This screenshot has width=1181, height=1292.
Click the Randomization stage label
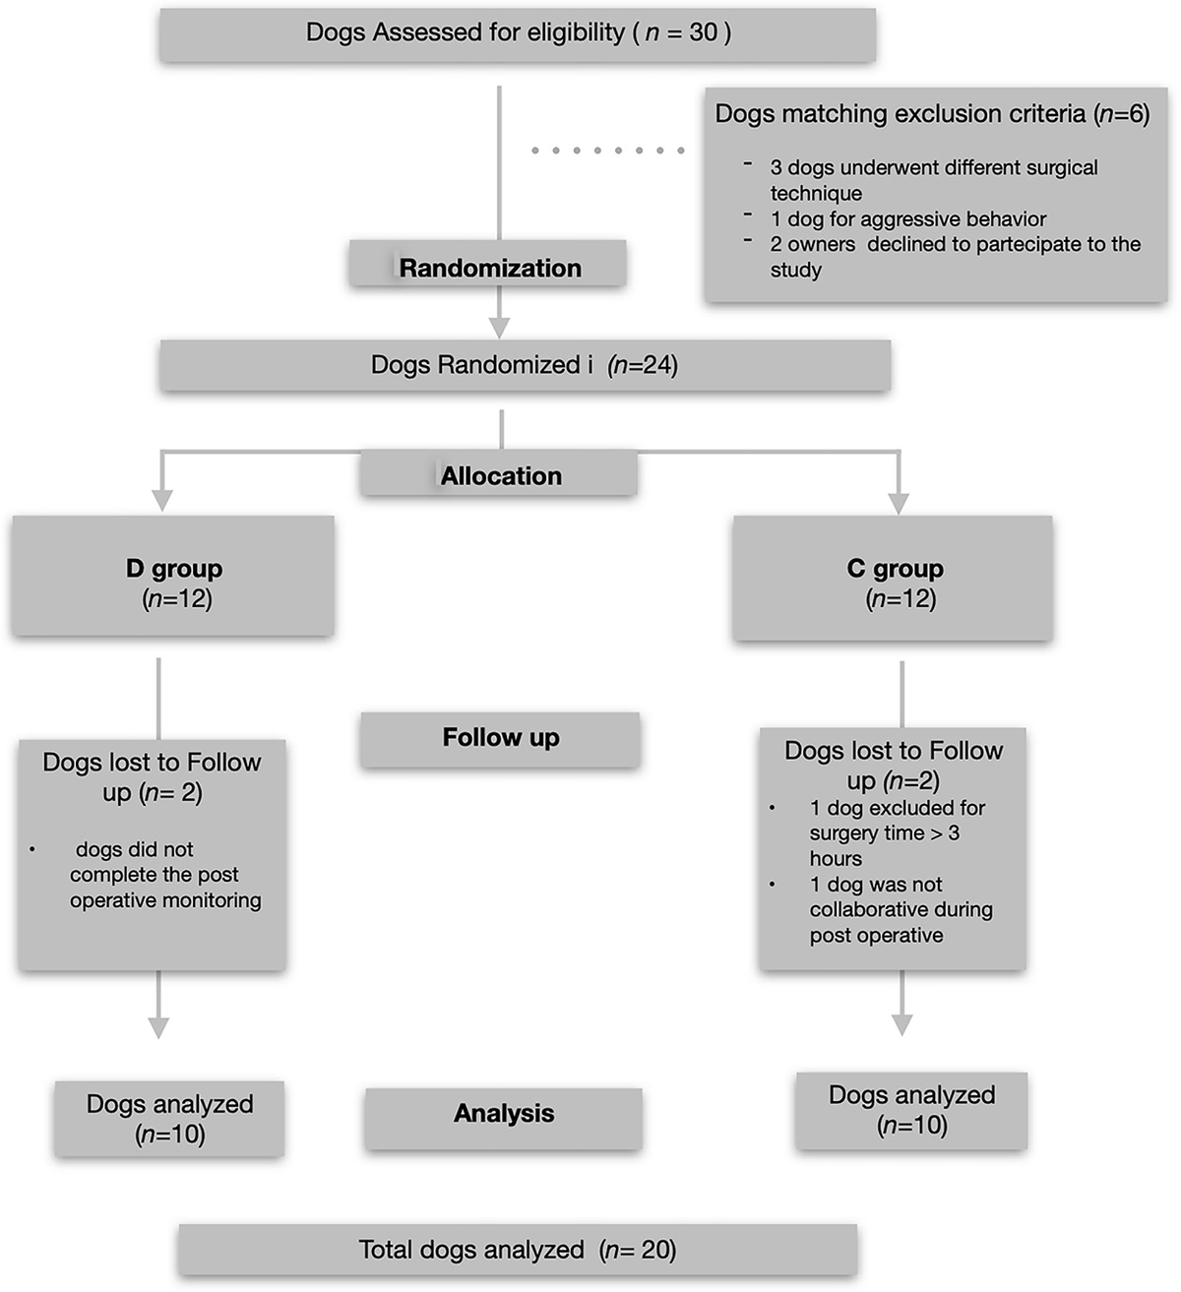tap(489, 268)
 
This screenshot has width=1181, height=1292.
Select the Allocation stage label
tap(500, 476)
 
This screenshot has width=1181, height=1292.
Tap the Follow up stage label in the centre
tap(500, 738)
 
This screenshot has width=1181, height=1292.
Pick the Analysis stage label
tap(503, 1114)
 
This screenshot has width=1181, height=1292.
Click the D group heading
tap(174, 569)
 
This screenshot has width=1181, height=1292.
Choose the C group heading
tap(895, 569)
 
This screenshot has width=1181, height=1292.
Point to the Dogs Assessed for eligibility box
tap(518, 33)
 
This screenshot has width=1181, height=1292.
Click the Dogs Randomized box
tap(524, 366)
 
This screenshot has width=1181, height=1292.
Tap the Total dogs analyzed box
tap(517, 1250)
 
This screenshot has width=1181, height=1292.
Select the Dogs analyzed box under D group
tap(169, 1119)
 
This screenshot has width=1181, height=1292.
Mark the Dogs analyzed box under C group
tap(911, 1110)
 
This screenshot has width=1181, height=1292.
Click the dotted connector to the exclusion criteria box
tap(607, 151)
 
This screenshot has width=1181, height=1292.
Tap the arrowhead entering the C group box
tap(898, 502)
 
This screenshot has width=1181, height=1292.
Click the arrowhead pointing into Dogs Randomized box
tap(500, 327)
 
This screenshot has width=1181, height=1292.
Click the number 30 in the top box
tap(703, 32)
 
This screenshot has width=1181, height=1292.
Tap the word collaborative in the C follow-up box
tap(901, 909)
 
